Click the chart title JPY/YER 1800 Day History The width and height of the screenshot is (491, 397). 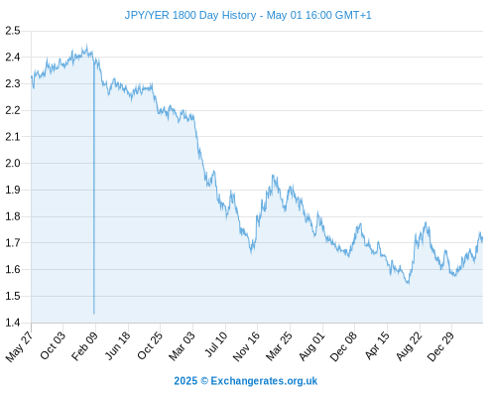point(190,15)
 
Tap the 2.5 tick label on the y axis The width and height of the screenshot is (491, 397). point(13,31)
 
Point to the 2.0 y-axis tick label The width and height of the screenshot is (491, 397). point(13,164)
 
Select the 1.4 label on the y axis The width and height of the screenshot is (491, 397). point(13,323)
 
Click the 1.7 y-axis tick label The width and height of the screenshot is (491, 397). point(13,243)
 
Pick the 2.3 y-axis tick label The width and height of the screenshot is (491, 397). point(13,84)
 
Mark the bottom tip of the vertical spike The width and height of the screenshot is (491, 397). point(94,314)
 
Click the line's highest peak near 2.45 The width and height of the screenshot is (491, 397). point(86,45)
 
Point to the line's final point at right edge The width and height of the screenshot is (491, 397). point(482,239)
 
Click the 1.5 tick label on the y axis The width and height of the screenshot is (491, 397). point(13,296)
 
